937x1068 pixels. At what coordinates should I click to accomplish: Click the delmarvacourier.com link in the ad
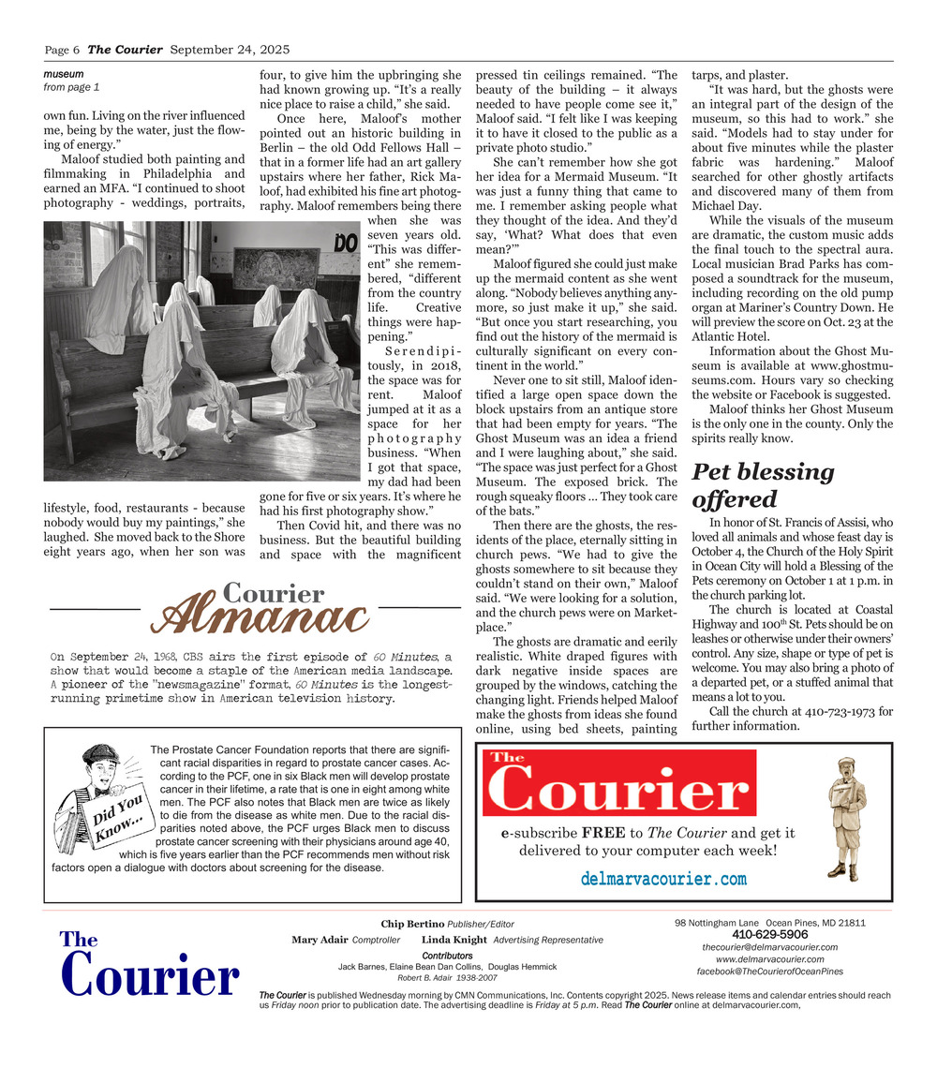click(663, 879)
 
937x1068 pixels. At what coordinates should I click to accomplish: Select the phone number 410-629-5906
click(769, 934)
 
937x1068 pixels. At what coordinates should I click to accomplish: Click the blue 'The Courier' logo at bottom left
click(149, 966)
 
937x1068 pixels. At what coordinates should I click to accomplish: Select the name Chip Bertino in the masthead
click(412, 925)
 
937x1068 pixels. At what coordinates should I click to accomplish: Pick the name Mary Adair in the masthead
click(320, 940)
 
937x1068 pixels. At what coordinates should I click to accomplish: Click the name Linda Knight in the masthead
click(454, 940)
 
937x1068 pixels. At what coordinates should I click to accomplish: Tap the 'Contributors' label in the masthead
click(447, 956)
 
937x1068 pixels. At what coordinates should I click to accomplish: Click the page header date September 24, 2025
click(230, 50)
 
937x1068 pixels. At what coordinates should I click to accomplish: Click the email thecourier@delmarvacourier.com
click(769, 947)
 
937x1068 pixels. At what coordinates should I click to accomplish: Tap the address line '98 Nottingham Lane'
click(721, 922)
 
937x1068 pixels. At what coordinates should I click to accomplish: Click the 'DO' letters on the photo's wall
click(347, 244)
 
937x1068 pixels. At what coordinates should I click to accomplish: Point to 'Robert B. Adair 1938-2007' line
click(447, 977)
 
